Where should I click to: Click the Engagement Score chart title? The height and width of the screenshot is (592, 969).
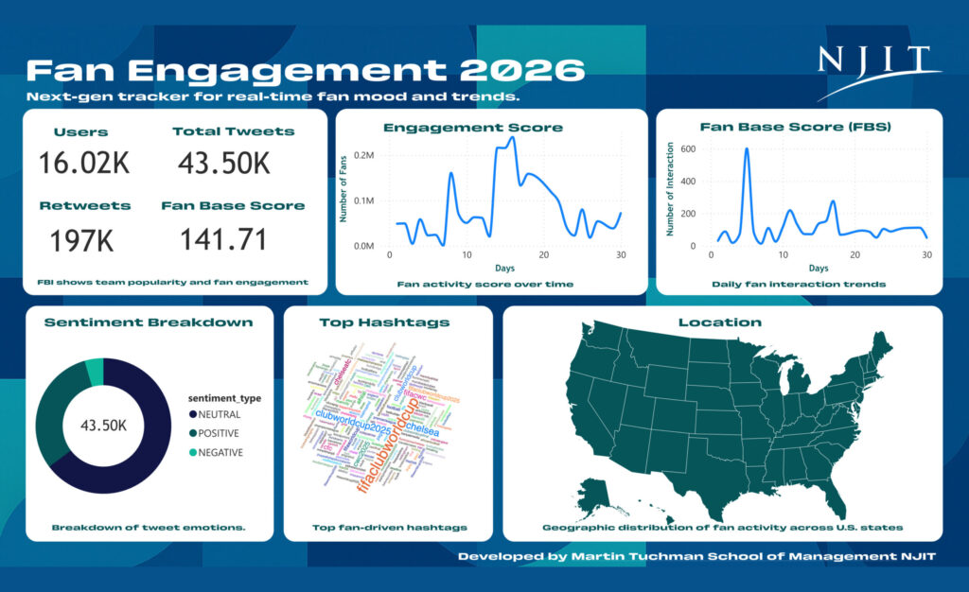[485, 127]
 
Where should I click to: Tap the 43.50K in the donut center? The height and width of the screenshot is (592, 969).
[102, 426]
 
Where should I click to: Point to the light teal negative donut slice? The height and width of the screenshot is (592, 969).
[94, 372]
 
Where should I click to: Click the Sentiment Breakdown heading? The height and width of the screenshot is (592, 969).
[149, 322]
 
